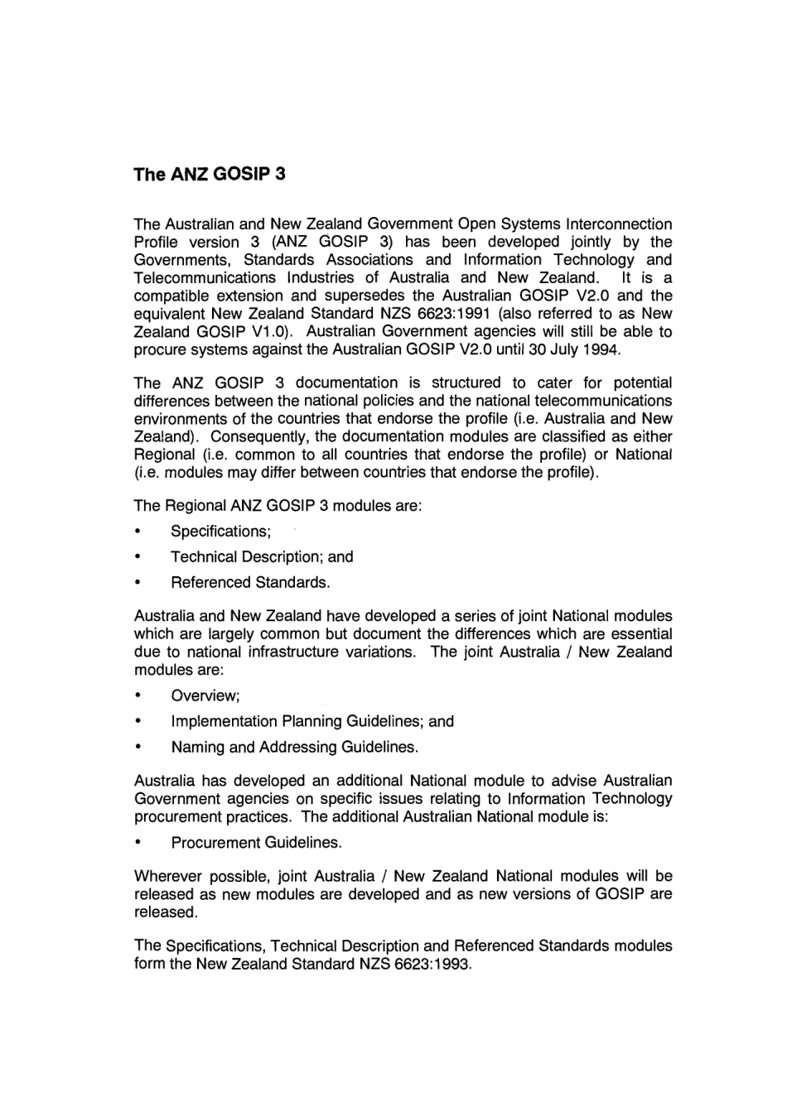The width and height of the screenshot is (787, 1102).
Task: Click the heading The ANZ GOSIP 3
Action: [x=210, y=175]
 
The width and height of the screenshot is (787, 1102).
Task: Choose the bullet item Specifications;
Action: [x=220, y=532]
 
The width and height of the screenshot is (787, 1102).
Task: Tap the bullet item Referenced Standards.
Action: [x=250, y=583]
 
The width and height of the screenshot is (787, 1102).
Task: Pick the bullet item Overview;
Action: [x=205, y=696]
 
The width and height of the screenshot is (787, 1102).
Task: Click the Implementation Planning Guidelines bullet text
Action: [x=312, y=722]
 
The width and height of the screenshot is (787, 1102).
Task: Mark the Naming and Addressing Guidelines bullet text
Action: [x=294, y=748]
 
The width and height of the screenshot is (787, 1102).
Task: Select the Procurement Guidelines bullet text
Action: [x=256, y=843]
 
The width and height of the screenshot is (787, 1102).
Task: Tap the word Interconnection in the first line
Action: [x=619, y=224]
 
